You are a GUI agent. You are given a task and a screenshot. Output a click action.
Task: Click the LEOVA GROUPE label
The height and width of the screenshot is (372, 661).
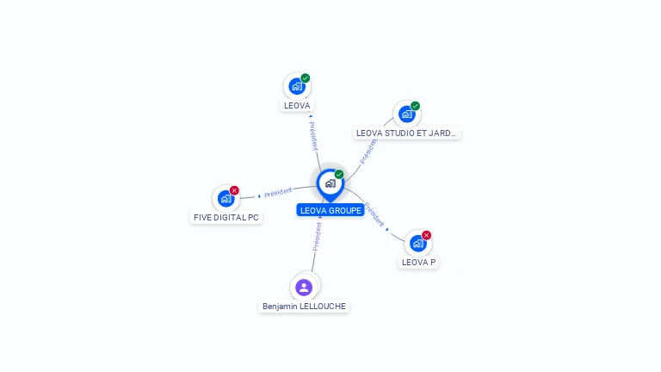tap(330, 210)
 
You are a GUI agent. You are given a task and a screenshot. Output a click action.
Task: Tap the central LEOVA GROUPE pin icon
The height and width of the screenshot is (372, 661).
tap(330, 183)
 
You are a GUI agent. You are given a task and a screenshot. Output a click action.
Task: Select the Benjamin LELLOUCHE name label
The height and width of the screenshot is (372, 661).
tap(304, 306)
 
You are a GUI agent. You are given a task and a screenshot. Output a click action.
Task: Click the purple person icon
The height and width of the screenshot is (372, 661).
tap(304, 287)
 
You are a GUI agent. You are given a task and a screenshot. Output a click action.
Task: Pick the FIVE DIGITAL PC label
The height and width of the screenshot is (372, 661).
tap(226, 217)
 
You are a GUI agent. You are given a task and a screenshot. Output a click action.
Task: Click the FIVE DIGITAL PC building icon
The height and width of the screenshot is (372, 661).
tap(225, 199)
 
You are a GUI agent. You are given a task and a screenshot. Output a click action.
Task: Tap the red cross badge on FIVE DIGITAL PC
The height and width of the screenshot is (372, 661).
tap(234, 190)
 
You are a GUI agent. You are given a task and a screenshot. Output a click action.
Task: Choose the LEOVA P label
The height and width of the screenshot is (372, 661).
tap(418, 262)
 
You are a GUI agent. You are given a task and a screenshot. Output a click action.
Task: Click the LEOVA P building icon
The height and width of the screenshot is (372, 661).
tap(417, 244)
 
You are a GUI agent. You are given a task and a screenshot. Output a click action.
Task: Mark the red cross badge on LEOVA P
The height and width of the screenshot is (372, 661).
tap(426, 235)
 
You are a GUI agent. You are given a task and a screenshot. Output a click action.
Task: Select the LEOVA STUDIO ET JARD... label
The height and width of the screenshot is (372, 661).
tap(407, 133)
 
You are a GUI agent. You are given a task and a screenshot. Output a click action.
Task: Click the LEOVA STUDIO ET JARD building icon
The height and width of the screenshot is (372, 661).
tap(406, 115)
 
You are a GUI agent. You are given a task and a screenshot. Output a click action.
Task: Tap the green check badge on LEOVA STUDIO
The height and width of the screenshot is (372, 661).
tap(415, 106)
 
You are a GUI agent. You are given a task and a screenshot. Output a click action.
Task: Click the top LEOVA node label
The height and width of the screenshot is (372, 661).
tap(297, 105)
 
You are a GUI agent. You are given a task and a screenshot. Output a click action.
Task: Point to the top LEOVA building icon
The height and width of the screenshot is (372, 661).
tap(296, 87)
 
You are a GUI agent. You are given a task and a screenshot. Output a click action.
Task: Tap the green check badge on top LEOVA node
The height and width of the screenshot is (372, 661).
tap(305, 78)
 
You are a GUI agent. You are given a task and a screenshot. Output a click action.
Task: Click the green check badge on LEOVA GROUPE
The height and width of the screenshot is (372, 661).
tap(339, 175)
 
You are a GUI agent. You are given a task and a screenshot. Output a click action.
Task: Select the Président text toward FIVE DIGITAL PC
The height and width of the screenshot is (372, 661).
tap(278, 192)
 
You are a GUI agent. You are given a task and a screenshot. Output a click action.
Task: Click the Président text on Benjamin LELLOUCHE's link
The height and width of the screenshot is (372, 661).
tap(317, 236)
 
